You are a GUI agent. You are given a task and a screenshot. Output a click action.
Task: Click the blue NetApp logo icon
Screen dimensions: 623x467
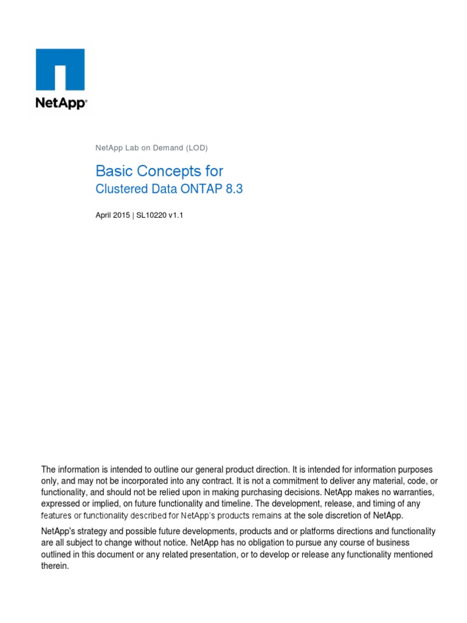pyautogui.click(x=61, y=69)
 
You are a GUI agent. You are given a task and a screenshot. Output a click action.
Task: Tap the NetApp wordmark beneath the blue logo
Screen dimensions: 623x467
pyautogui.click(x=61, y=103)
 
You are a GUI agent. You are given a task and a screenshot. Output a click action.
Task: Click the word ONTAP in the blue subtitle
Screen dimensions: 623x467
pyautogui.click(x=200, y=189)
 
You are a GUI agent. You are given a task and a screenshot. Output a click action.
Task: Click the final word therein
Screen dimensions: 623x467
pyautogui.click(x=55, y=566)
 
